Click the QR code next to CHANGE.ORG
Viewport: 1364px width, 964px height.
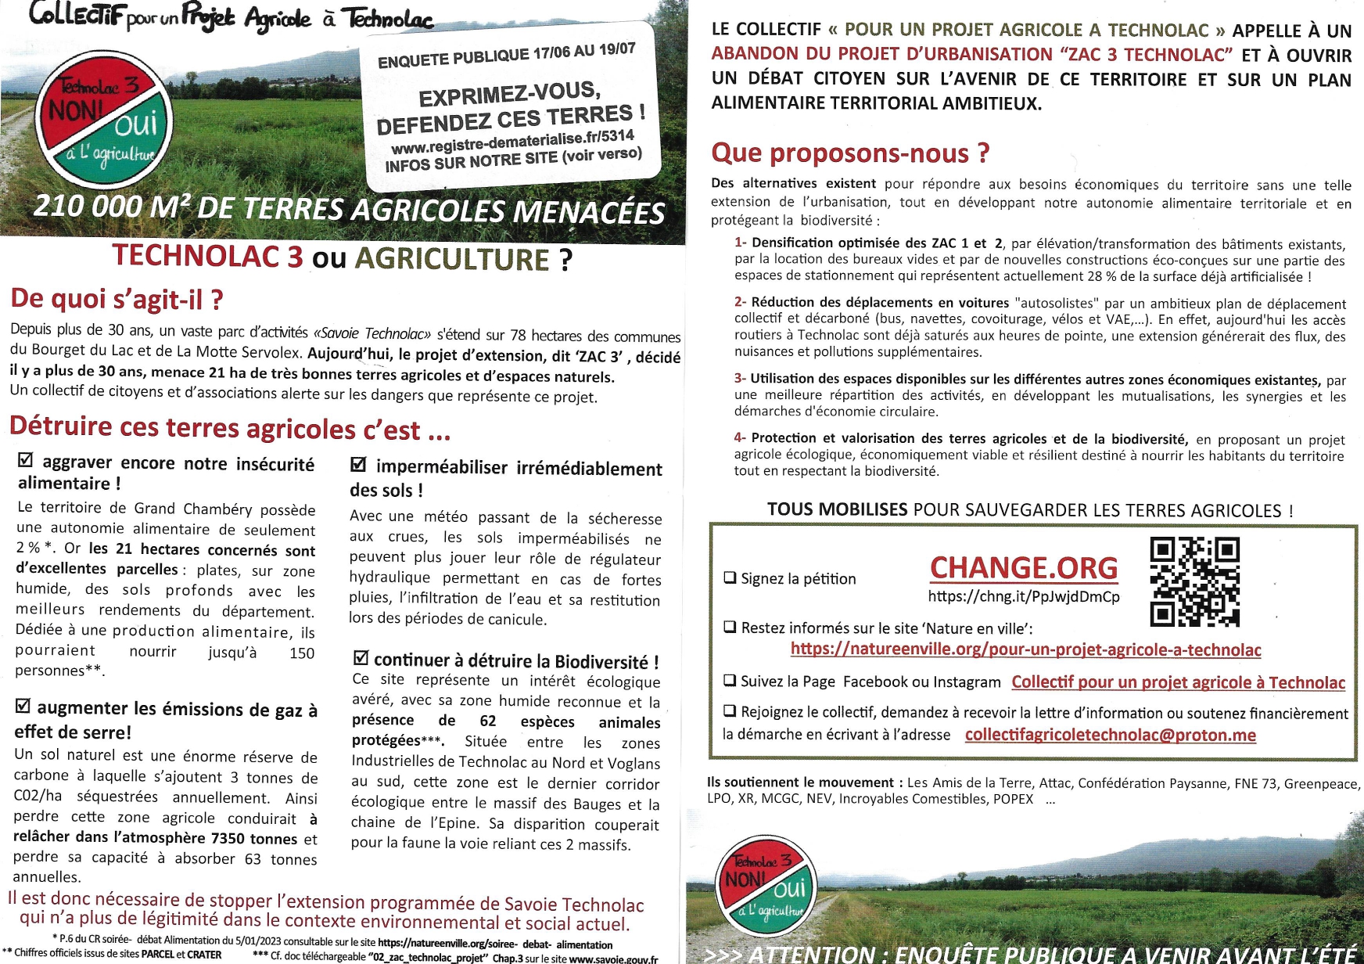(1194, 581)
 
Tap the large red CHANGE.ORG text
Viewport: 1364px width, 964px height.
(1023, 567)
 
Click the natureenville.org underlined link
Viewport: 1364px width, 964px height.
(1025, 649)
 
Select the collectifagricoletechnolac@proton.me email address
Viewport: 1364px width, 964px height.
(1110, 735)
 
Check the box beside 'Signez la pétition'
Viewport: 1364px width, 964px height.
(730, 578)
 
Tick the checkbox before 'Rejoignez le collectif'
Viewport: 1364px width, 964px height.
(730, 711)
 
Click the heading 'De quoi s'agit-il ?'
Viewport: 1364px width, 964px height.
(117, 299)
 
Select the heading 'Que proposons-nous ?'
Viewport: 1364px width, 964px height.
(850, 153)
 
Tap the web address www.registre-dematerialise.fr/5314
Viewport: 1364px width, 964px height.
(512, 142)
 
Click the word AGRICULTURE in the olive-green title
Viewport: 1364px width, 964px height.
(452, 259)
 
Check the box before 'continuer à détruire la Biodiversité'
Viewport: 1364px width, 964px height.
(361, 659)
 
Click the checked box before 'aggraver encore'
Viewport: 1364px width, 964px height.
(25, 460)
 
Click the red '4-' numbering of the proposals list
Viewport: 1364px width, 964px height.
(740, 437)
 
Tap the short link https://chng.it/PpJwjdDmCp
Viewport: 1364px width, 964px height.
(1023, 596)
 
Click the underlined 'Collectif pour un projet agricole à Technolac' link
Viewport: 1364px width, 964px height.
(1178, 682)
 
